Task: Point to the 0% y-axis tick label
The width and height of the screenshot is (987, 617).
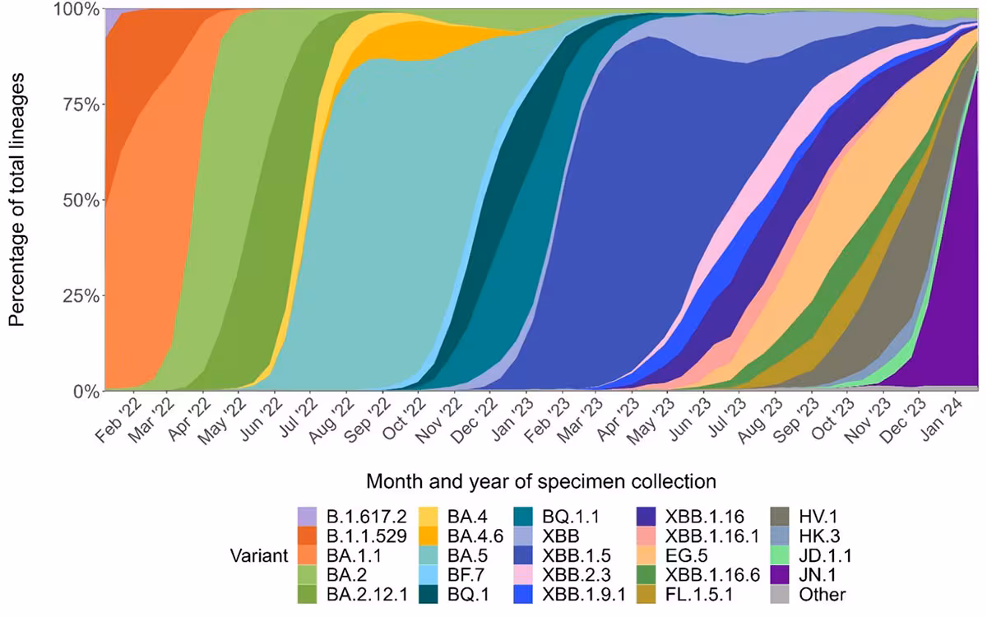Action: click(x=86, y=391)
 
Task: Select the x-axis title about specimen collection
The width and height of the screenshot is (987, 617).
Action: click(x=540, y=480)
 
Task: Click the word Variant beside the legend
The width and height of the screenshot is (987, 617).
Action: click(x=259, y=555)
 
